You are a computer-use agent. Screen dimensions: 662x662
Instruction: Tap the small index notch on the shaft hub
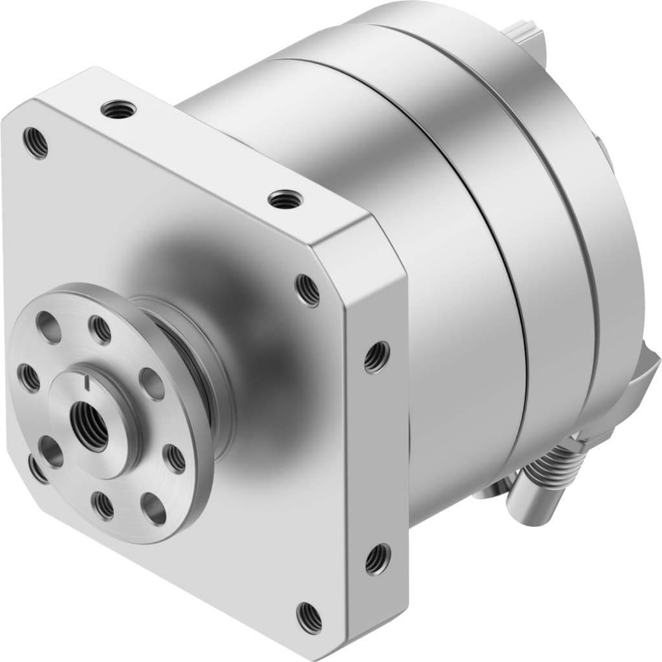(x=87, y=385)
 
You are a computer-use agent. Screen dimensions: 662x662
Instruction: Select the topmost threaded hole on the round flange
(x=100, y=330)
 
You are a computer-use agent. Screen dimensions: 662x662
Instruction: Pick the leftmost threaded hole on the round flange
(x=28, y=378)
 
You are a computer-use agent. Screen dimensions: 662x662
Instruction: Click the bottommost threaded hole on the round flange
(x=103, y=506)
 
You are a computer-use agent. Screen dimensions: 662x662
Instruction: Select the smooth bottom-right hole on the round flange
(x=154, y=508)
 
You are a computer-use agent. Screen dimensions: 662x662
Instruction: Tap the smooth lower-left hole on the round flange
(x=50, y=451)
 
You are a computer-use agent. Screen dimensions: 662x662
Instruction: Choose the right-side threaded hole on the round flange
(x=175, y=458)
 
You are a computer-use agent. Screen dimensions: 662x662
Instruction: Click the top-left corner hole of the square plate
(x=36, y=143)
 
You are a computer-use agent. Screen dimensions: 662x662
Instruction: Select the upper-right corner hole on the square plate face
(x=308, y=290)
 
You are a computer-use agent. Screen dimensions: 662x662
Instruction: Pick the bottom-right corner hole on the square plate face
(x=309, y=617)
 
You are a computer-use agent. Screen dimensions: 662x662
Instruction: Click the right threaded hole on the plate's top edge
(x=282, y=200)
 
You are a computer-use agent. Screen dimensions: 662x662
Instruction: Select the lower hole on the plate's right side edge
(x=377, y=559)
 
